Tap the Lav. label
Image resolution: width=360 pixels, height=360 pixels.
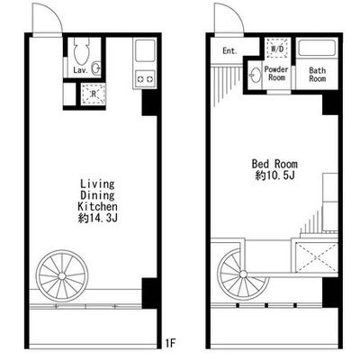tap(81, 71)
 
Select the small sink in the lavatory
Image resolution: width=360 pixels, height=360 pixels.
tap(96, 68)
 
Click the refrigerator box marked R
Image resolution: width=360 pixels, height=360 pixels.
tap(94, 94)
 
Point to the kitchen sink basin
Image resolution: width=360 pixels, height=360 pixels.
tap(145, 50)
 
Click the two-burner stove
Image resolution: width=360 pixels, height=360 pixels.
tap(145, 79)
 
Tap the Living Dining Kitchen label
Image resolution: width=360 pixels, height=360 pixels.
tap(97, 195)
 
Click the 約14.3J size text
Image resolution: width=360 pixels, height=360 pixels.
tap(97, 218)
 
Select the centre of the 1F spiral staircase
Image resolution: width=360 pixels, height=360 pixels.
tap(62, 276)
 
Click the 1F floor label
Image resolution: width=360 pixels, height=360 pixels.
tap(170, 343)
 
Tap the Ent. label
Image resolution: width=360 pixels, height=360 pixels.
tap(229, 51)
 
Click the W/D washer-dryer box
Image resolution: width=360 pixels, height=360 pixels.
tap(277, 48)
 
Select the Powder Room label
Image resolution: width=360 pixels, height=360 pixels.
tap(276, 74)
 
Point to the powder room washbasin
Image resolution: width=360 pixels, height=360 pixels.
tap(256, 74)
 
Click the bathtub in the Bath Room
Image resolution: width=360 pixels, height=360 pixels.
tap(317, 48)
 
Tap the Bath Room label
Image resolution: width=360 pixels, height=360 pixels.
tap(318, 75)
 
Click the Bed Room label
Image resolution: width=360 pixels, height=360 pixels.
tap(274, 164)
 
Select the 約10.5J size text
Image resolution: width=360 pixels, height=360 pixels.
tap(274, 175)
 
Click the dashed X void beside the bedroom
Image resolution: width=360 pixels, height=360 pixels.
tap(317, 258)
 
